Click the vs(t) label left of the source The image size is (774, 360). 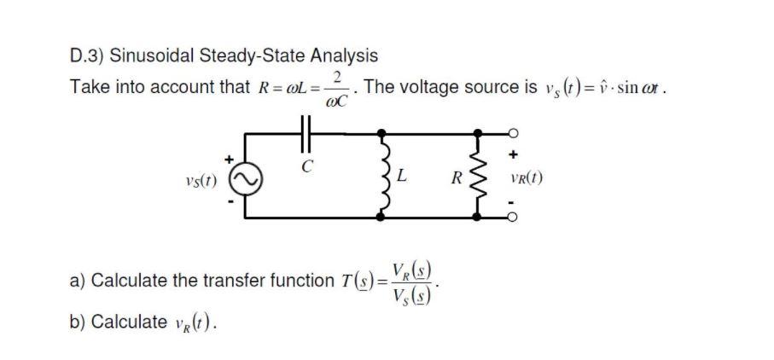coord(200,182)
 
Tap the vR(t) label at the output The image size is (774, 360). coord(524,180)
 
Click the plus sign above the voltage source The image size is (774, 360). coord(229,159)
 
